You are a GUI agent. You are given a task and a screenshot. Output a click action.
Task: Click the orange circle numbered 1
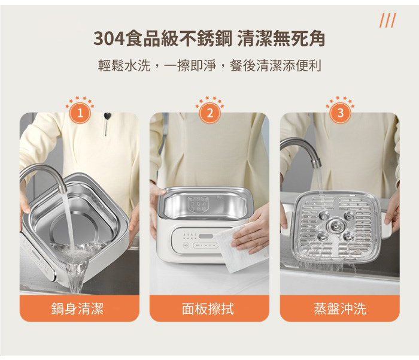click(x=80, y=113)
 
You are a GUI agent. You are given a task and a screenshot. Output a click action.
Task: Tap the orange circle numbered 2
click(x=209, y=113)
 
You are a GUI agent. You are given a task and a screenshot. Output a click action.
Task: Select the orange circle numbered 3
click(x=340, y=113)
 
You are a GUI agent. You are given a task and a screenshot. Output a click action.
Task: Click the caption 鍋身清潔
click(x=77, y=308)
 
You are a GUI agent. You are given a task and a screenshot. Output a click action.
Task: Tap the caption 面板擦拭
click(x=208, y=308)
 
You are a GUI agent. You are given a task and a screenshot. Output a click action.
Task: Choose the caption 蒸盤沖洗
click(x=339, y=308)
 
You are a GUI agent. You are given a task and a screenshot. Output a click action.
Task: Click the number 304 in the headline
click(x=109, y=38)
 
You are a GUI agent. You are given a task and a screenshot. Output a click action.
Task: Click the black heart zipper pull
click(x=107, y=116)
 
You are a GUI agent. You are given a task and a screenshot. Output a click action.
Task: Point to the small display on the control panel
click(x=206, y=237)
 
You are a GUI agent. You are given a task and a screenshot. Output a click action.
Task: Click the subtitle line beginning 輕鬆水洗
click(x=209, y=65)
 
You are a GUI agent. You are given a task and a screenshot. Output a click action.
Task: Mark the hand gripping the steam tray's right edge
click(x=392, y=209)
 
